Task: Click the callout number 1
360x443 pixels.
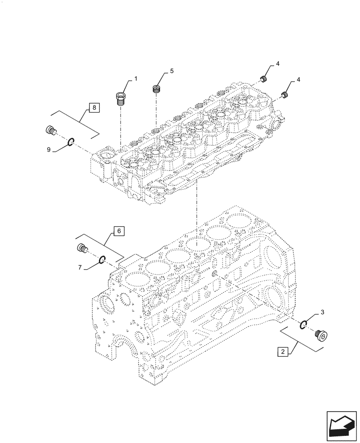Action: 136,78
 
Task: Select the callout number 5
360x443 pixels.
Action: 171,71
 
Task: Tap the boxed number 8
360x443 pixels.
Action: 94,107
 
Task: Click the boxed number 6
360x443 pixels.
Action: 119,231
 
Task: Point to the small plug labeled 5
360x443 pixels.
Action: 156,89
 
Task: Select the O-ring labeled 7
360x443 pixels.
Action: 102,260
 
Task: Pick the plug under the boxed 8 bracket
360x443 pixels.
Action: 51,131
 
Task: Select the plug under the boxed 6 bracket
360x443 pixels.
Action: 82,249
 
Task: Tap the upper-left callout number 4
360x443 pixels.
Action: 277,64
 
